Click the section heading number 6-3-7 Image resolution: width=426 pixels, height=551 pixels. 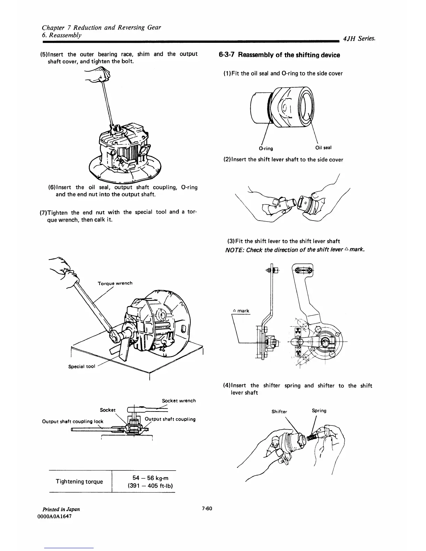click(x=227, y=55)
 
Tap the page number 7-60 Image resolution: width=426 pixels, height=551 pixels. click(x=207, y=509)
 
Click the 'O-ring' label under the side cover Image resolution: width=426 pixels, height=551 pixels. click(x=266, y=149)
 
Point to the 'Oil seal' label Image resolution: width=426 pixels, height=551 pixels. click(x=323, y=147)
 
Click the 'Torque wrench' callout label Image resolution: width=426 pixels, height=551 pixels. click(x=115, y=283)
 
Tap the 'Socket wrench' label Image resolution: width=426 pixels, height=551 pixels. click(x=179, y=401)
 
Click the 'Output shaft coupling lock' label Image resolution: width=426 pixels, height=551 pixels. click(x=72, y=421)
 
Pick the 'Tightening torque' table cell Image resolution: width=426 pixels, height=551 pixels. click(x=79, y=481)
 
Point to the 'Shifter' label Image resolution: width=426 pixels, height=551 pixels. click(x=279, y=412)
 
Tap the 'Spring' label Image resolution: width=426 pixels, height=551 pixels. click(x=319, y=410)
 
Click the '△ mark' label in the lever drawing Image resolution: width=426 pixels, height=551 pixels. click(x=241, y=311)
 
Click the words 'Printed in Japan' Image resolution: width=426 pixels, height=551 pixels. click(x=60, y=509)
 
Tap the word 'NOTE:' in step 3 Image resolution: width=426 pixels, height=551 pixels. click(x=234, y=250)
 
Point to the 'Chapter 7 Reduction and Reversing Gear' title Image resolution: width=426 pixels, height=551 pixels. click(x=101, y=27)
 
